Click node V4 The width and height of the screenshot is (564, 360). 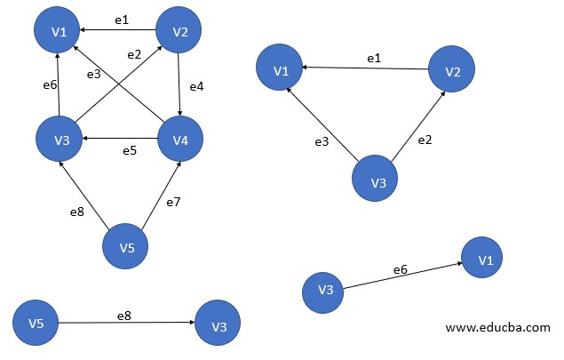pos(180,138)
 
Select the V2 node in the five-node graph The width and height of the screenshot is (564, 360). pos(180,32)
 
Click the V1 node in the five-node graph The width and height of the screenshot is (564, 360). pos(59,32)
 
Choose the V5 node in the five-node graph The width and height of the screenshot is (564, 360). pos(127,246)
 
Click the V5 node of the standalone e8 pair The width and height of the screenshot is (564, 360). pos(36,323)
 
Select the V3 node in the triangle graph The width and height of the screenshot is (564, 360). pos(377,182)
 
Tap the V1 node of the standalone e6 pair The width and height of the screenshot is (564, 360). pos(485,260)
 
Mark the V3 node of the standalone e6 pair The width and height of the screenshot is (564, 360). pos(324,291)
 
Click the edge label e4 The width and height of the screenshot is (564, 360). pos(196,87)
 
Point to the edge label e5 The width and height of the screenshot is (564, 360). pos(131,150)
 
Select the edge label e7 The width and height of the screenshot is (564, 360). pos(174,203)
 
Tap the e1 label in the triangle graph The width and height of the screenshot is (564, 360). pos(374,58)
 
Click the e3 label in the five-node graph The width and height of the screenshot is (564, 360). pos(92,75)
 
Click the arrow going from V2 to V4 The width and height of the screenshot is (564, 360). pos(180,84)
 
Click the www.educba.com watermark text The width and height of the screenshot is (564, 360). pos(497,327)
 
